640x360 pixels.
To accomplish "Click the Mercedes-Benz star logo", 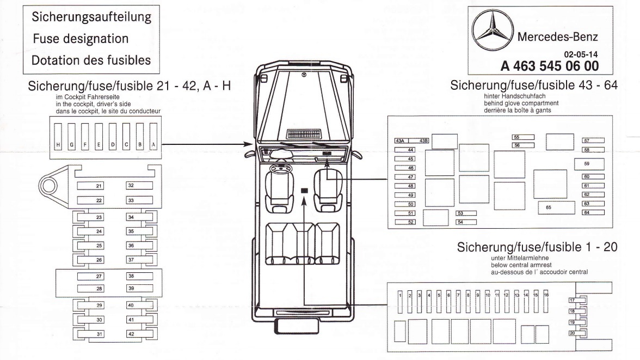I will pos(492,38).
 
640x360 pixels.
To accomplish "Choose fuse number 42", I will pos(139,334).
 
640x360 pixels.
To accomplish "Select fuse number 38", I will pos(139,276).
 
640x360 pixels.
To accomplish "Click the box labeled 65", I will pos(556,208).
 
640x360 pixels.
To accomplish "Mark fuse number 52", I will pos(404,222).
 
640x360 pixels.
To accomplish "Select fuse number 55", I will pos(523,137).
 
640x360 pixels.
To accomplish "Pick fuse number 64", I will pos(593,212).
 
